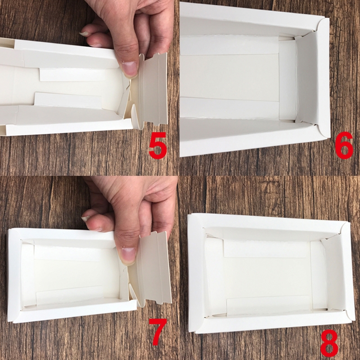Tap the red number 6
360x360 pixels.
point(344,145)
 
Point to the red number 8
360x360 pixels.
point(329,346)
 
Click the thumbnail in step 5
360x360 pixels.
point(130,68)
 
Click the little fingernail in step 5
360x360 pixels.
point(85,34)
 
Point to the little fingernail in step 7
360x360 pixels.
point(86,219)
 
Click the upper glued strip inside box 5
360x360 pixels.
point(73,74)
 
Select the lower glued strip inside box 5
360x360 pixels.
point(68,100)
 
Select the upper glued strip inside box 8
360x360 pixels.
point(266,249)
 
